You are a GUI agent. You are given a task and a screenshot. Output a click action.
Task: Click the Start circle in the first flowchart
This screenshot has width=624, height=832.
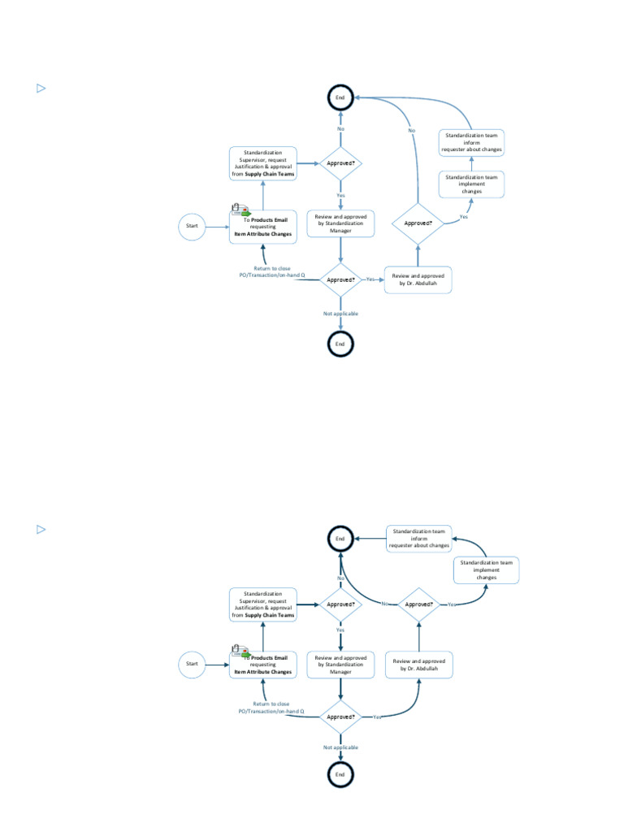click(193, 226)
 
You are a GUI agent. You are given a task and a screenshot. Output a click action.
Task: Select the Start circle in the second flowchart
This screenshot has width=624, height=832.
click(193, 664)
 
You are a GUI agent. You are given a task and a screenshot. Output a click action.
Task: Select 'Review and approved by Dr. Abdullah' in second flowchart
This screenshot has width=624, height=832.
click(419, 665)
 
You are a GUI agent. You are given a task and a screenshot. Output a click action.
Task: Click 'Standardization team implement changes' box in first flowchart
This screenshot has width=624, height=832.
click(472, 184)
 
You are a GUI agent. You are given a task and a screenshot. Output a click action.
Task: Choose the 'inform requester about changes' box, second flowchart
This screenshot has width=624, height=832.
click(418, 539)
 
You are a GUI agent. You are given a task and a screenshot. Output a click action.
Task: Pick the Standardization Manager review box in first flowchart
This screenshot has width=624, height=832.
click(340, 223)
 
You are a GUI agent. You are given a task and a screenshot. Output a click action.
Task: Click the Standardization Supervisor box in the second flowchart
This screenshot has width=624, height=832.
click(262, 605)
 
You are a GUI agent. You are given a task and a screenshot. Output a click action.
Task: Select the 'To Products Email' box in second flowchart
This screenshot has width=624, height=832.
click(262, 665)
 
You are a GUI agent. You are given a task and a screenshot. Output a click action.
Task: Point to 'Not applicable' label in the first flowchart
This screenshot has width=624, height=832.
click(340, 314)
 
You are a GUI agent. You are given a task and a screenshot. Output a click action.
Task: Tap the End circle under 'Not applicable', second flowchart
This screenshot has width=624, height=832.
click(340, 775)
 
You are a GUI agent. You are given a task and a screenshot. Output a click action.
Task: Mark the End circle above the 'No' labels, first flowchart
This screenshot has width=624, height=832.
click(340, 97)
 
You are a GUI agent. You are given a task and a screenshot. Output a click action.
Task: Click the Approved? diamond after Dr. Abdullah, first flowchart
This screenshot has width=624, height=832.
click(418, 223)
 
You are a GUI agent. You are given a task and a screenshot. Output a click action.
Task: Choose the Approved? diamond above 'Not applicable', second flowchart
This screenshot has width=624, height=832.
click(340, 717)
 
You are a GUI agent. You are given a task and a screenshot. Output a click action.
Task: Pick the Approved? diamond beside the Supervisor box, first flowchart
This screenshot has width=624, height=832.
click(340, 163)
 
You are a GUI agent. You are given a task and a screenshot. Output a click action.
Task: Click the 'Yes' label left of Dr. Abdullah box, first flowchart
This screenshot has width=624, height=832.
click(371, 279)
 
